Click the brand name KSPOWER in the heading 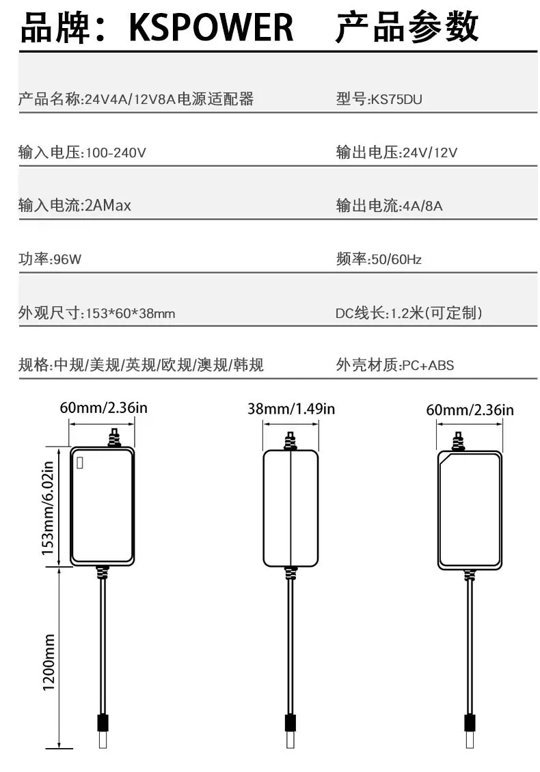(211, 27)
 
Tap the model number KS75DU (396, 99)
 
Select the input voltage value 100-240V (116, 152)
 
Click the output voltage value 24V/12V (430, 152)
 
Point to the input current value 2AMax (108, 205)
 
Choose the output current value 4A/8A (423, 206)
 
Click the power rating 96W (67, 259)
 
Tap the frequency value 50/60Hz (396, 259)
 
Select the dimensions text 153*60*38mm (131, 313)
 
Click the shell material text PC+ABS (428, 365)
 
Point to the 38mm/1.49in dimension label (291, 409)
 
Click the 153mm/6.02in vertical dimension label (47, 508)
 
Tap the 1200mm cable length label (49, 662)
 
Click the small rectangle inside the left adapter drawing (80, 463)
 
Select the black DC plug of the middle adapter (291, 723)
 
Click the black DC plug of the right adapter (470, 723)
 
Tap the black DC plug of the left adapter (103, 722)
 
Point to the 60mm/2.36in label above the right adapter (470, 410)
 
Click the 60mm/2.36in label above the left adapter (103, 408)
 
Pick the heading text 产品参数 (407, 27)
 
